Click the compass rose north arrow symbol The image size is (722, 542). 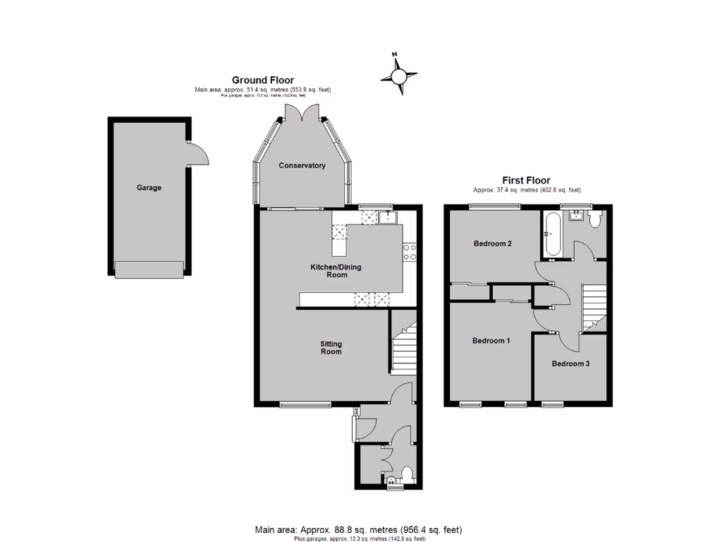399,74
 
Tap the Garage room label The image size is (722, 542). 149,188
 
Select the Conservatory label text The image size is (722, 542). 302,165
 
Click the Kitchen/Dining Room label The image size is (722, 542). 329,271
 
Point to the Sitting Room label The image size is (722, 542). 331,347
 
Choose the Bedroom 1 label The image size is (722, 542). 491,341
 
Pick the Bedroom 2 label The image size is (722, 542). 492,243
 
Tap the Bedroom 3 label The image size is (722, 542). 570,364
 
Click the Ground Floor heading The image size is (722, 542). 263,80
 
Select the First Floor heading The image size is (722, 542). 526,181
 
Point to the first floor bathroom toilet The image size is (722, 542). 595,219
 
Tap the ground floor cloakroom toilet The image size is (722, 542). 406,473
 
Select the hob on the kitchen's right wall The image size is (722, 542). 410,252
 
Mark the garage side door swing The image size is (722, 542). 197,153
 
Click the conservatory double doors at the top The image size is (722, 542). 303,114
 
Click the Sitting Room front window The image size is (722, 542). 305,404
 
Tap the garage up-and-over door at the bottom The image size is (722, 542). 149,269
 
